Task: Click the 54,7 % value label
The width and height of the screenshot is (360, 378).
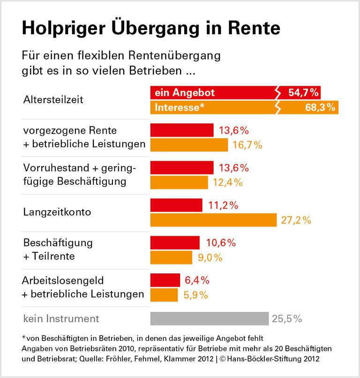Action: coord(303,93)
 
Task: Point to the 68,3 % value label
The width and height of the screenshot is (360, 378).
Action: coord(320,107)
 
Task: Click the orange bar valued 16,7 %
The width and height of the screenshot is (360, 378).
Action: coord(189,145)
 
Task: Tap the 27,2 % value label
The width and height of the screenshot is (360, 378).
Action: coord(296,220)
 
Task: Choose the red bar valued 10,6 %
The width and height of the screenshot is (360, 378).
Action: coord(175,243)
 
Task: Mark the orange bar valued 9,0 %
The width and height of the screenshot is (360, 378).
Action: coord(171,257)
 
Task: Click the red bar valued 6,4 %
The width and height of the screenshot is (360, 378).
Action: coord(165,280)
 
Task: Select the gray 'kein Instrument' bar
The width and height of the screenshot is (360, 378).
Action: coord(209,319)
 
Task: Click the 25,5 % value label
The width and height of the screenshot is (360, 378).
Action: coord(286,319)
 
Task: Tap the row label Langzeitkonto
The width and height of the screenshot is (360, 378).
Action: coord(57,212)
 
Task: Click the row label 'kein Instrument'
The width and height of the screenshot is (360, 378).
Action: coord(61,319)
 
